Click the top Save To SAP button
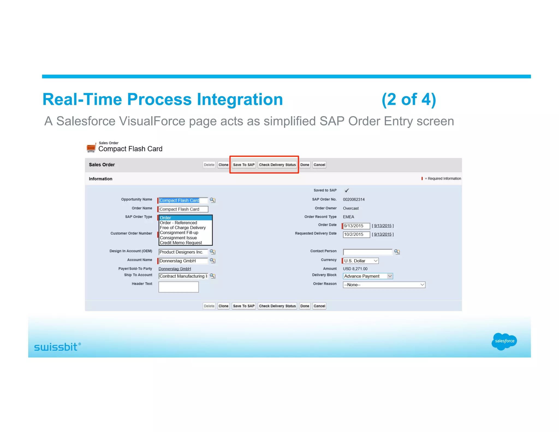pos(243,165)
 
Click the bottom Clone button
pos(223,306)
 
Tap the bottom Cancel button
pos(319,306)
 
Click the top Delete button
pos(209,165)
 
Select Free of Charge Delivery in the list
pos(183,227)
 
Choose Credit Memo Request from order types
pos(181,242)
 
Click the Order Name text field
pos(183,209)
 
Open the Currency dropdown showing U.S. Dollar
pos(361,261)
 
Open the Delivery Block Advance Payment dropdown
pos(368,276)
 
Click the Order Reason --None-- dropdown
pos(384,285)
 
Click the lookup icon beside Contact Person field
pos(397,252)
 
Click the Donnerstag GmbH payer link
pos(175,269)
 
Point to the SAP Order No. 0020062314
pos(353,199)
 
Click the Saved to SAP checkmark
pos(347,190)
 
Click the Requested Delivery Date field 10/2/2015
pos(356,234)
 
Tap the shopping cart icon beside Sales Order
pos(91,147)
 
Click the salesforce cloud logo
pos(504,341)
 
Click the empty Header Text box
pos(179,287)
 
